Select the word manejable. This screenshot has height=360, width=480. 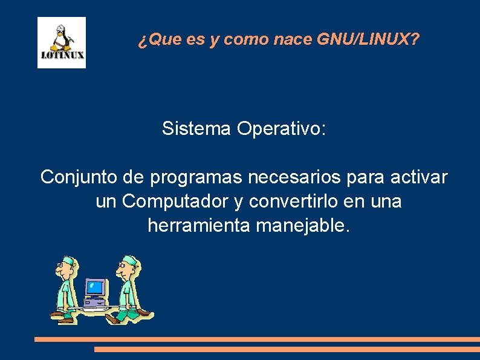pos(303,226)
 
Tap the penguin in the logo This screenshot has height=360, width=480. pos(60,40)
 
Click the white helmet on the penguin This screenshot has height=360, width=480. pos(60,28)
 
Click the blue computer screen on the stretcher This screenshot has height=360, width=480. pos(95,286)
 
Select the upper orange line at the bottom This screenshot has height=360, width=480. pos(257,339)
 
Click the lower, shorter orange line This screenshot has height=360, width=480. pos(287,349)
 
